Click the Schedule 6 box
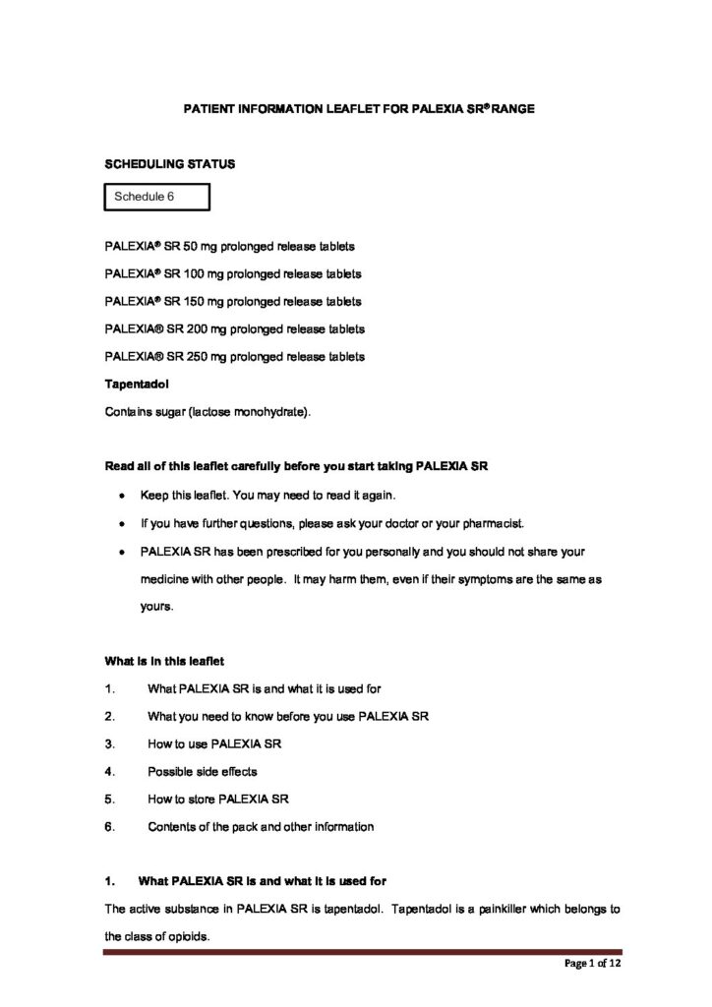pos(157,197)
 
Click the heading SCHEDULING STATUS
pos(169,164)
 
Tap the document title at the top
pos(359,108)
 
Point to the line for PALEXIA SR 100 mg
pos(232,272)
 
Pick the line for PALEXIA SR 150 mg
pos(232,301)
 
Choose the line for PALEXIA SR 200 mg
pos(234,328)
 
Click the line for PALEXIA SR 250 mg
pos(234,356)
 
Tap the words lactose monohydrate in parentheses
pos(258,412)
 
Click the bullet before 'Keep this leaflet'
pos(120,495)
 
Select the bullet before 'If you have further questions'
pos(120,523)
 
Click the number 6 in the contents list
pos(109,827)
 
